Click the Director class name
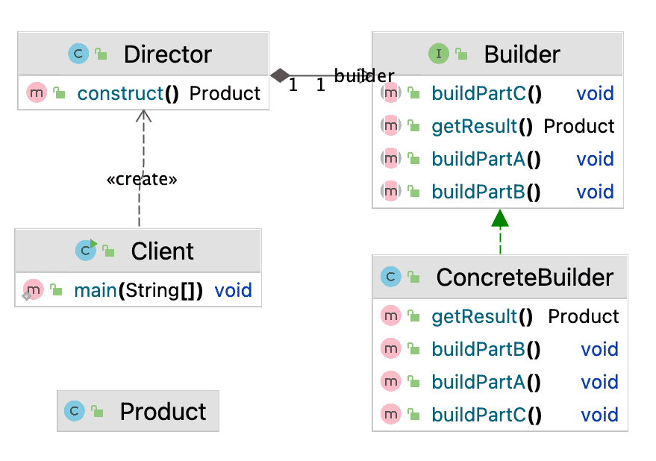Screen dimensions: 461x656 167,54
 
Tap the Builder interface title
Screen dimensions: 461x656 522,54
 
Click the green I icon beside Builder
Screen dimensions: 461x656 438,54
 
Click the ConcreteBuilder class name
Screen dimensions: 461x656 525,277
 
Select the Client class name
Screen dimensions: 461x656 162,251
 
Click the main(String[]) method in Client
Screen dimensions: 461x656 138,290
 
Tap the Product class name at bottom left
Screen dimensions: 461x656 163,411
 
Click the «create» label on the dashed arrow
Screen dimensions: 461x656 142,180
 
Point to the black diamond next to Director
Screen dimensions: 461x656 280,75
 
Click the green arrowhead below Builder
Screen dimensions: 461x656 500,218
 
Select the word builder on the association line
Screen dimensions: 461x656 363,75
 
